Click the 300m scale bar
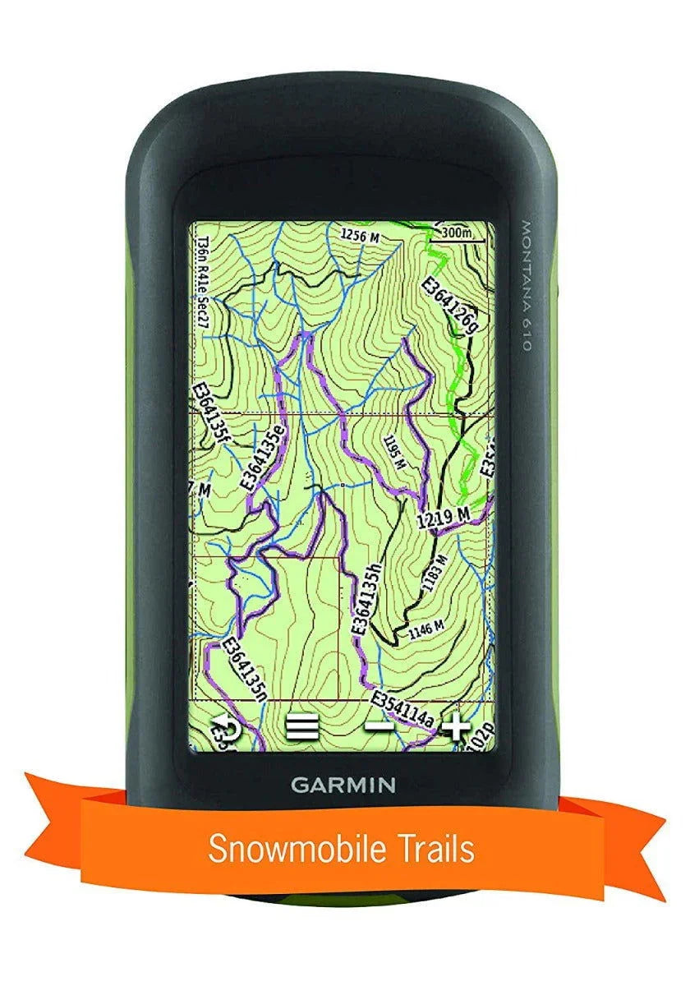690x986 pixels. pos(458,233)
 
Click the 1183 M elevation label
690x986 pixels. pos(435,574)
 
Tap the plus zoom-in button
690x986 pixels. pos(456,726)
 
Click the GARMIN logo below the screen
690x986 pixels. pos(343,784)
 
